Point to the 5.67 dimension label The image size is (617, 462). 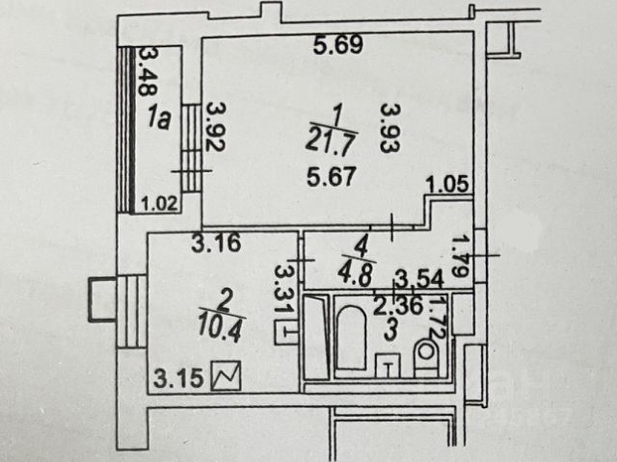(329, 177)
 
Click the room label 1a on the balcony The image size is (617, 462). (160, 119)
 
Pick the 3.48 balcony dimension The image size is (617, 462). (148, 71)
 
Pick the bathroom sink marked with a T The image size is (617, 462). (389, 365)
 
